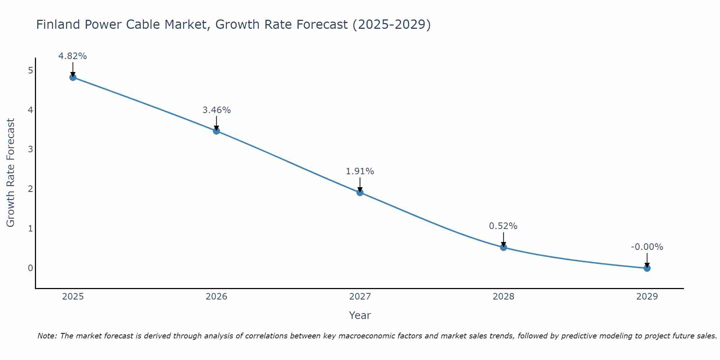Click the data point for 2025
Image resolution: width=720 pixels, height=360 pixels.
point(73,77)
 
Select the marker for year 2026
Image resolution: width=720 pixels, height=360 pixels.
point(216,131)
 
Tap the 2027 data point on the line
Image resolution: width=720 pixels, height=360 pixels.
point(360,193)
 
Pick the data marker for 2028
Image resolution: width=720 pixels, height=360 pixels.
point(503,247)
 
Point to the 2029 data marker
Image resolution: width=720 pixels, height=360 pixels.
point(647,268)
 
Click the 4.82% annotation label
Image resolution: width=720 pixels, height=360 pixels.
point(73,56)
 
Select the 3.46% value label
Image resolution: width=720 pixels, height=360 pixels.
point(216,110)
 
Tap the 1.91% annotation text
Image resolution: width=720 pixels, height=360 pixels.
point(360,171)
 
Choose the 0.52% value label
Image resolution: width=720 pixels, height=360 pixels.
point(503,226)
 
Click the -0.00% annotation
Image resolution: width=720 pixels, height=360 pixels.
point(647,247)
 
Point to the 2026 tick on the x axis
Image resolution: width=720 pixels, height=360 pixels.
point(216,297)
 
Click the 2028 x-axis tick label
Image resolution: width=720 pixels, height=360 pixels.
point(503,297)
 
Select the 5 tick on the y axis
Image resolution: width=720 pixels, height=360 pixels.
point(31,70)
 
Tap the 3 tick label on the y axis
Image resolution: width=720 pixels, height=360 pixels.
point(31,149)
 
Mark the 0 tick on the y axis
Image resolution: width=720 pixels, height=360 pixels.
point(31,268)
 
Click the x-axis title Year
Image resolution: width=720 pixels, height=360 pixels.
point(360,315)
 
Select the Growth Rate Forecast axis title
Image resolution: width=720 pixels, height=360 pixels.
point(11,173)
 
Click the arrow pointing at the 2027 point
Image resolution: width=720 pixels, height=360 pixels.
point(360,184)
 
